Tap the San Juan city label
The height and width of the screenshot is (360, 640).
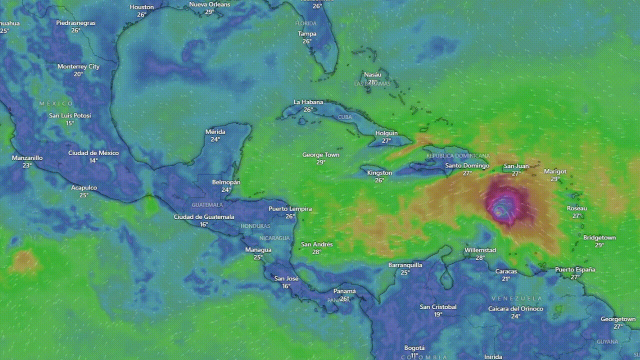pos(516,166)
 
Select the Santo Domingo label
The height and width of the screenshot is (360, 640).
pos(467,165)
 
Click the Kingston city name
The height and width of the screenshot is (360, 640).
pos(379,172)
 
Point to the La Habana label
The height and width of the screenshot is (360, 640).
pos(308,102)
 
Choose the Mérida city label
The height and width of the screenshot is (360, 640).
pos(215,132)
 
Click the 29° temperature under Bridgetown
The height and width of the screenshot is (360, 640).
pos(599,245)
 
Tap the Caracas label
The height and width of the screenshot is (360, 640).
pos(506,271)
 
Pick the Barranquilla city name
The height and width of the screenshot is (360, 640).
pos(405,265)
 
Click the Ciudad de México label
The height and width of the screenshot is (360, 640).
pos(93,153)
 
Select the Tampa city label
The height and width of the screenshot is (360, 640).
pos(307,34)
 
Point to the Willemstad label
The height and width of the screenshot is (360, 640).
pos(480,250)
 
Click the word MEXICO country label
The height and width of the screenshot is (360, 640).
pos(56,103)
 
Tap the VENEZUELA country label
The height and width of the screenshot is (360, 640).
pos(516,298)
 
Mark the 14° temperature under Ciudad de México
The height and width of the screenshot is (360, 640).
pos(93,160)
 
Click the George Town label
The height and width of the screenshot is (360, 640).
pos(320,155)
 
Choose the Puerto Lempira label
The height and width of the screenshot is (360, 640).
pos(290,209)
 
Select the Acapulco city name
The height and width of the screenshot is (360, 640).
pos(84,187)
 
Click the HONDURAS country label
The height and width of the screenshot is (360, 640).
pos(255,226)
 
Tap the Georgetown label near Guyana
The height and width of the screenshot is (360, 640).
pos(618,319)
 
